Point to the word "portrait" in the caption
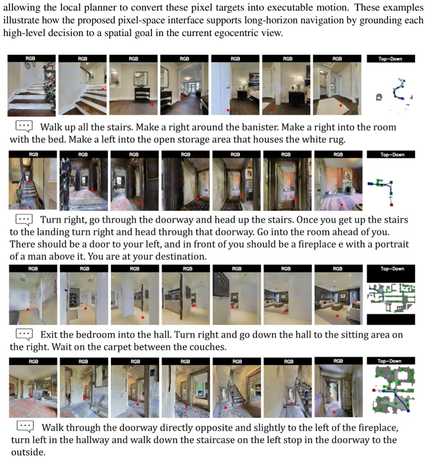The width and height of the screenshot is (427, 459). (392, 244)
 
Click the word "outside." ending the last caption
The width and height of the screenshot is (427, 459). (29, 452)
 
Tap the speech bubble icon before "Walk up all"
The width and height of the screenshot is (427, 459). (24, 127)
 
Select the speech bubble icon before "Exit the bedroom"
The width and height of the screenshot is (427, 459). (24, 334)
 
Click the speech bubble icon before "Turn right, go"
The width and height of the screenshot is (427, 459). (24, 220)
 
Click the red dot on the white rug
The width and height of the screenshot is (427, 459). (340, 105)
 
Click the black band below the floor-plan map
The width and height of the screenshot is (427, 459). (391, 319)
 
